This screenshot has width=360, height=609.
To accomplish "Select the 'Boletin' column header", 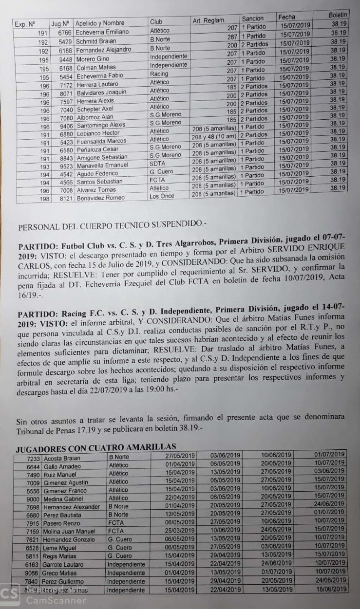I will [x=338, y=15].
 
